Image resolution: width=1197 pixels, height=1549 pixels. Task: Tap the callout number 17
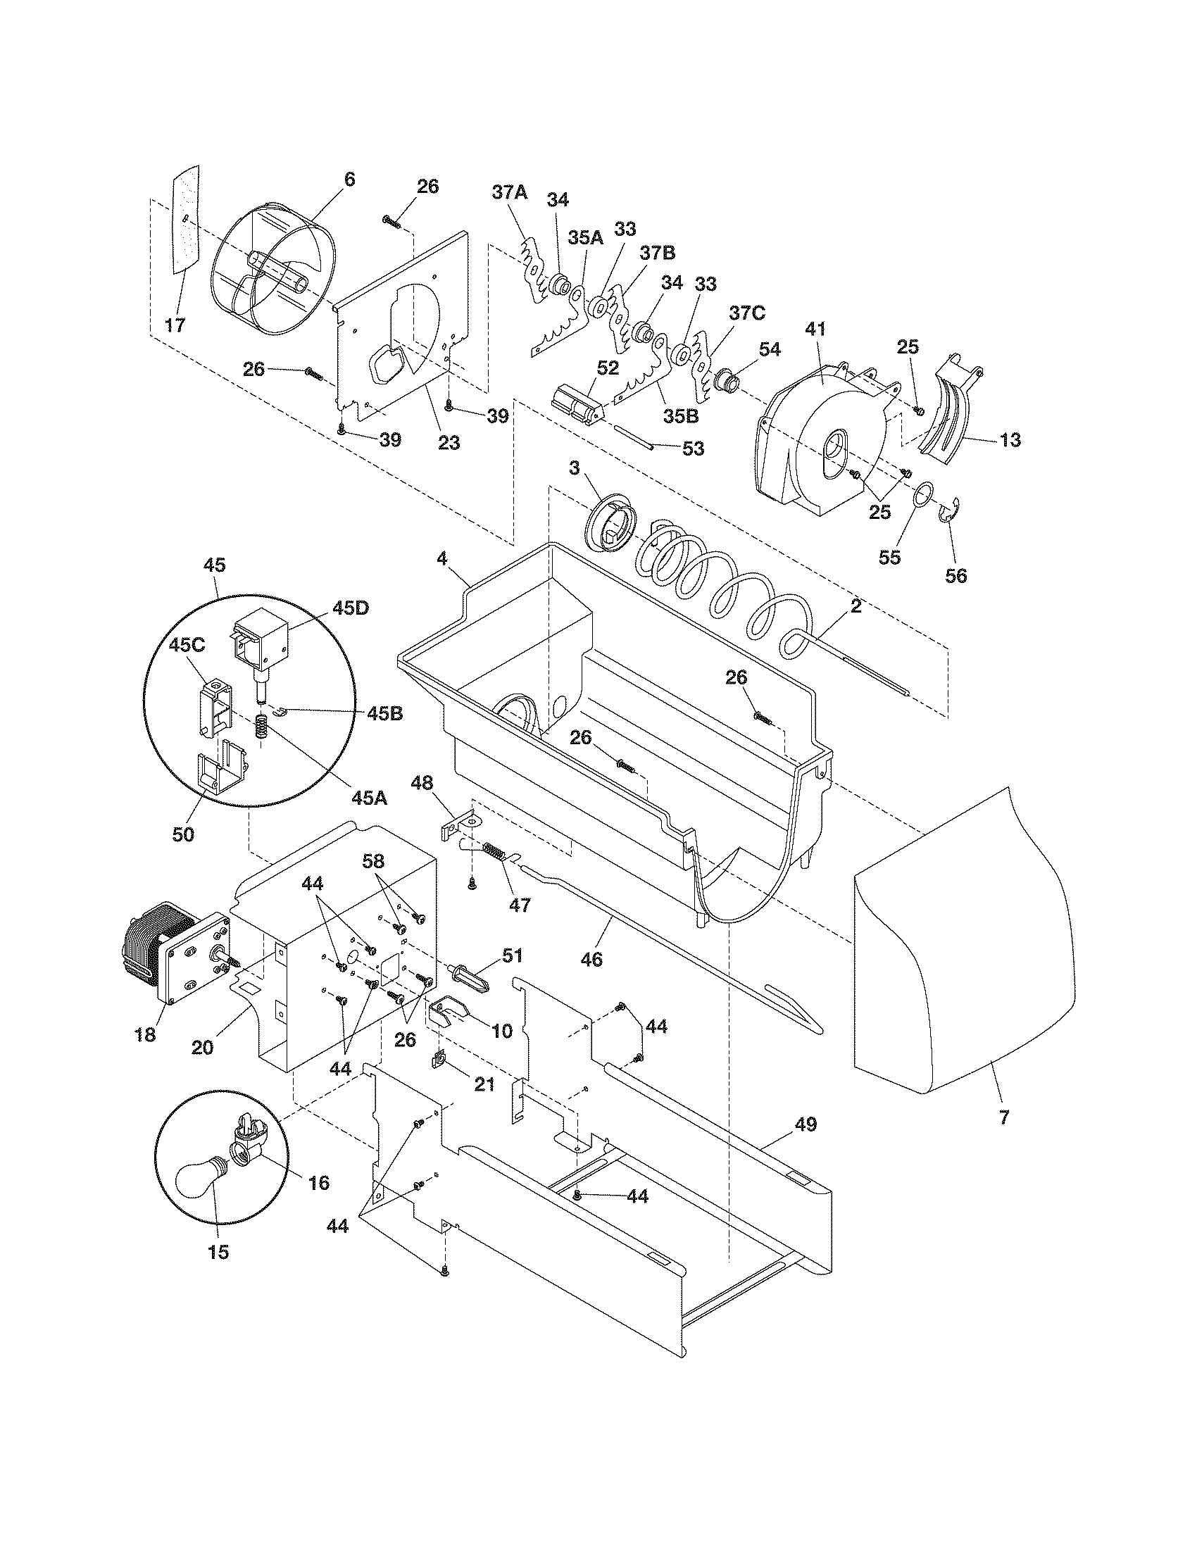174,325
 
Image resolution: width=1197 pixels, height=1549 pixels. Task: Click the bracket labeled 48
458,827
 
